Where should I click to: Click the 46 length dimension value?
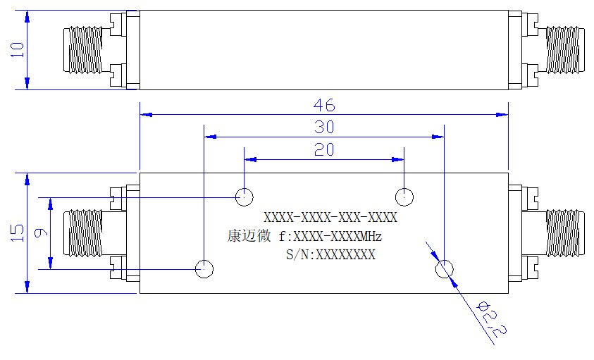(324, 106)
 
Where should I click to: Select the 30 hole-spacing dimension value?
(324, 128)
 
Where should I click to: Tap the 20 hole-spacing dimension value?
(324, 149)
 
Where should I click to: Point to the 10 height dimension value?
(18, 50)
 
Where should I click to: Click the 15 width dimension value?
(18, 233)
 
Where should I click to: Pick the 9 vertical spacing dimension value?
(41, 232)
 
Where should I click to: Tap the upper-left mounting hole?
(245, 197)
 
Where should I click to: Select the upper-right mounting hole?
(404, 197)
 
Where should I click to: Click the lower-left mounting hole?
(204, 269)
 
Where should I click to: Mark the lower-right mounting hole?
(445, 269)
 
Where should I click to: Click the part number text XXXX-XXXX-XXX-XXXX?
(330, 218)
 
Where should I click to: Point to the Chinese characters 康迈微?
(249, 236)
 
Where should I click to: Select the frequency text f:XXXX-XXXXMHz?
(330, 237)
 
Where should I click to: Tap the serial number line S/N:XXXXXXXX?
(330, 254)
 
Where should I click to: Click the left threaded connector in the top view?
(83, 49)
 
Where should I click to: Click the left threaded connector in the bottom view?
(83, 233)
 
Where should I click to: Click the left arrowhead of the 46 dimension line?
(146, 114)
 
